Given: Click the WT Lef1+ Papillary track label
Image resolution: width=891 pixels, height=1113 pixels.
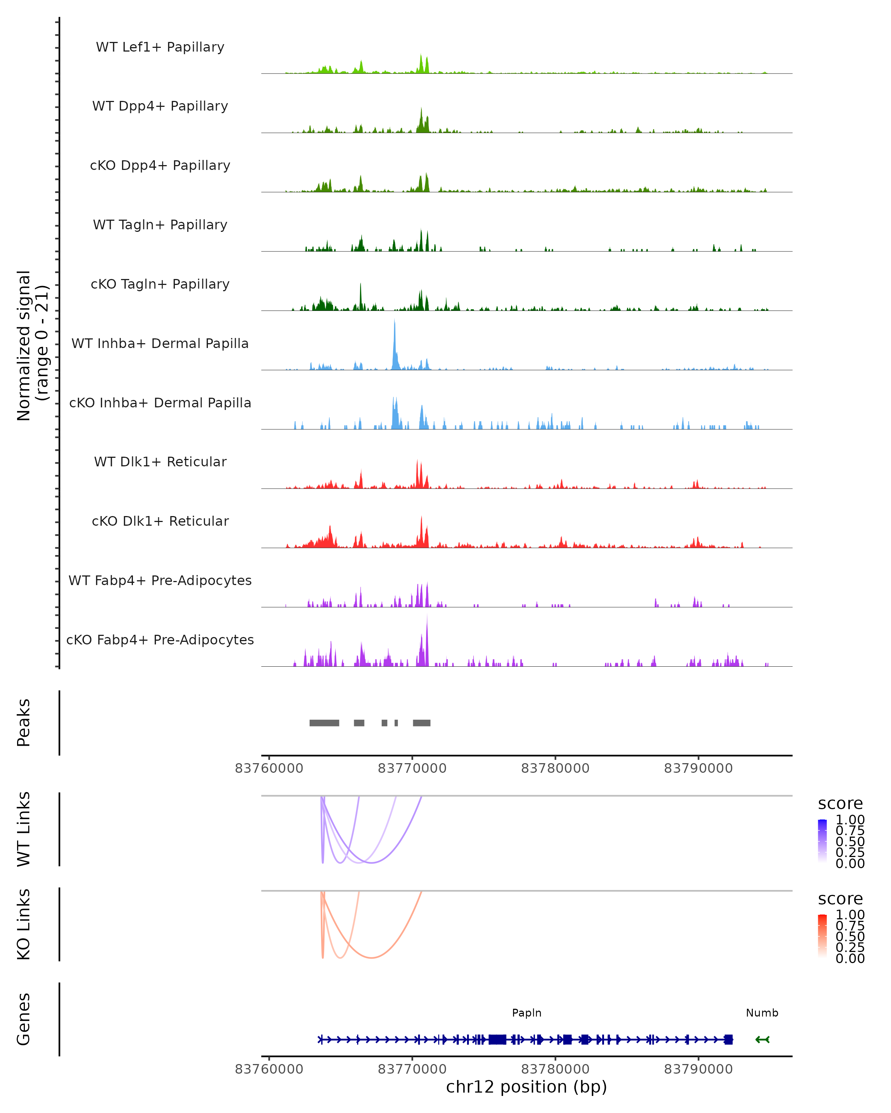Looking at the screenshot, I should pyautogui.click(x=160, y=47).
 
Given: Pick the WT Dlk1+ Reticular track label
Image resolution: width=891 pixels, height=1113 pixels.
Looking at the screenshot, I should pyautogui.click(x=160, y=462).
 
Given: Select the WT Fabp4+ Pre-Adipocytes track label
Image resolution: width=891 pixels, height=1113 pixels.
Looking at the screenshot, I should pyautogui.click(x=160, y=580).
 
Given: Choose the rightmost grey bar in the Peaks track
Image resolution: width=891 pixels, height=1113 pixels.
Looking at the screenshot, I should pyautogui.click(x=421, y=723).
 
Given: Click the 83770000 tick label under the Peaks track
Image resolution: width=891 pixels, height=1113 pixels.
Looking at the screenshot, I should pyautogui.click(x=412, y=768).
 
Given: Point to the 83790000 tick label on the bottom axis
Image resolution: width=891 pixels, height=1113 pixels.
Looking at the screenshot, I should pyautogui.click(x=698, y=1069).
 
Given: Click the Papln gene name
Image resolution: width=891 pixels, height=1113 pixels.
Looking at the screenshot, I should pyautogui.click(x=526, y=1013).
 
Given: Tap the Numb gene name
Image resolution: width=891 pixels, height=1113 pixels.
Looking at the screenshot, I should pyautogui.click(x=762, y=1013).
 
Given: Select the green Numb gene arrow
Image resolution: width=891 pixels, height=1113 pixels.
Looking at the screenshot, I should pyautogui.click(x=763, y=1040).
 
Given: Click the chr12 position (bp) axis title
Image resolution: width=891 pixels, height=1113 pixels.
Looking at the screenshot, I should pyautogui.click(x=526, y=1087).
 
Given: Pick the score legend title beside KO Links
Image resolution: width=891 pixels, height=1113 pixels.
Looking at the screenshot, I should pyautogui.click(x=841, y=899).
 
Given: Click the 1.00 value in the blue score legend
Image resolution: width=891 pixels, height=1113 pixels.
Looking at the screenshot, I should pyautogui.click(x=850, y=820).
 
